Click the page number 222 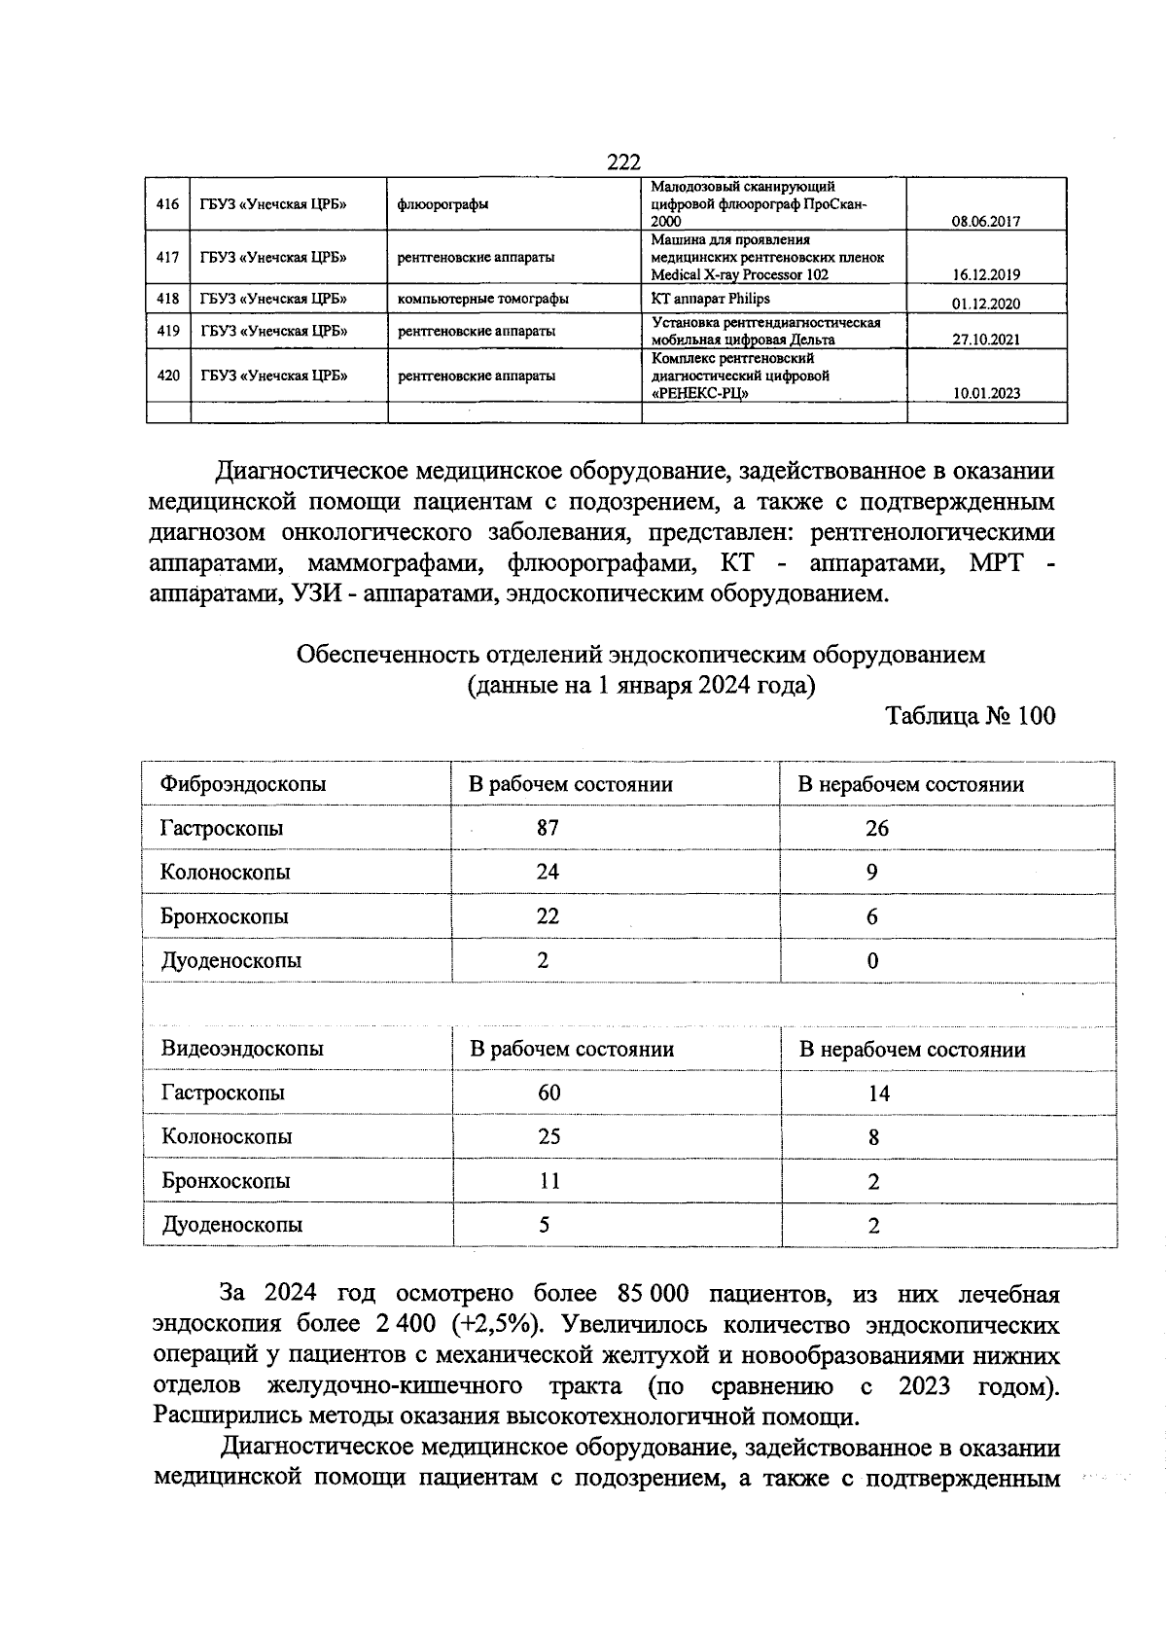623,162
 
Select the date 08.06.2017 985,221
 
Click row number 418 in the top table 167,299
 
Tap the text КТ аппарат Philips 710,299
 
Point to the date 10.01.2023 986,393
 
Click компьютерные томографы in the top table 482,299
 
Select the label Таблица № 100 970,716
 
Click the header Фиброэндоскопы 243,784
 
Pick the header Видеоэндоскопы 242,1049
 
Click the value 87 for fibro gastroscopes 548,828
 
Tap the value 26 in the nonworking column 877,828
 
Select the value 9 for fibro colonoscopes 872,873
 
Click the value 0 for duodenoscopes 872,961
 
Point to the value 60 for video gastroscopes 548,1093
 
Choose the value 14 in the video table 878,1093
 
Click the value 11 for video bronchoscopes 549,1181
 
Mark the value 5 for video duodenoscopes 545,1225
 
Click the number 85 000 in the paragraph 653,1294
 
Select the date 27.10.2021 986,339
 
